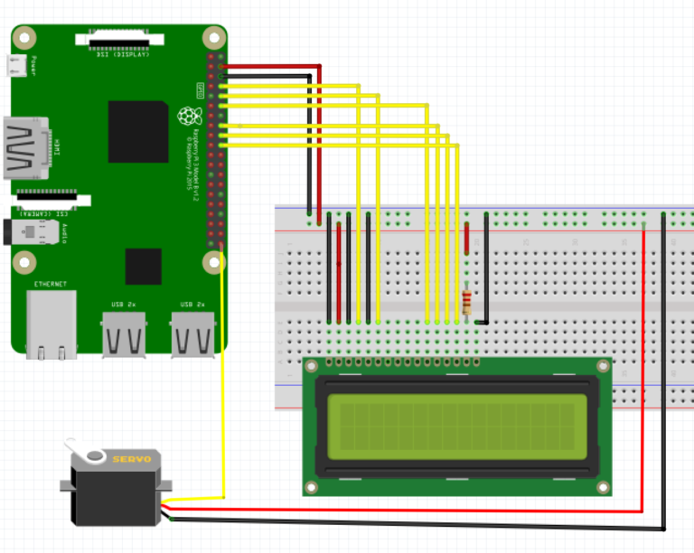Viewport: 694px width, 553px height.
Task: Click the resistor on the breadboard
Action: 466,302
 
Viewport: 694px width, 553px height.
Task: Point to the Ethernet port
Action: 51,325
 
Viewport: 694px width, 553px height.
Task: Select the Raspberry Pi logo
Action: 188,115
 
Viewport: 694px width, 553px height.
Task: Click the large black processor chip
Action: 137,132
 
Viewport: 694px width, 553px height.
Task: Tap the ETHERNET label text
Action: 51,285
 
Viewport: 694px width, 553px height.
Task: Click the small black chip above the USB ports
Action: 143,266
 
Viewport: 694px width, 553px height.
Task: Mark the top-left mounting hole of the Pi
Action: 24,38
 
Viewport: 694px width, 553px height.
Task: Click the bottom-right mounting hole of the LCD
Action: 603,488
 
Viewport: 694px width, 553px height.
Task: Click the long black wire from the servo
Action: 416,524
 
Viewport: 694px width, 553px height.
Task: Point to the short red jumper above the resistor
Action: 467,239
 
